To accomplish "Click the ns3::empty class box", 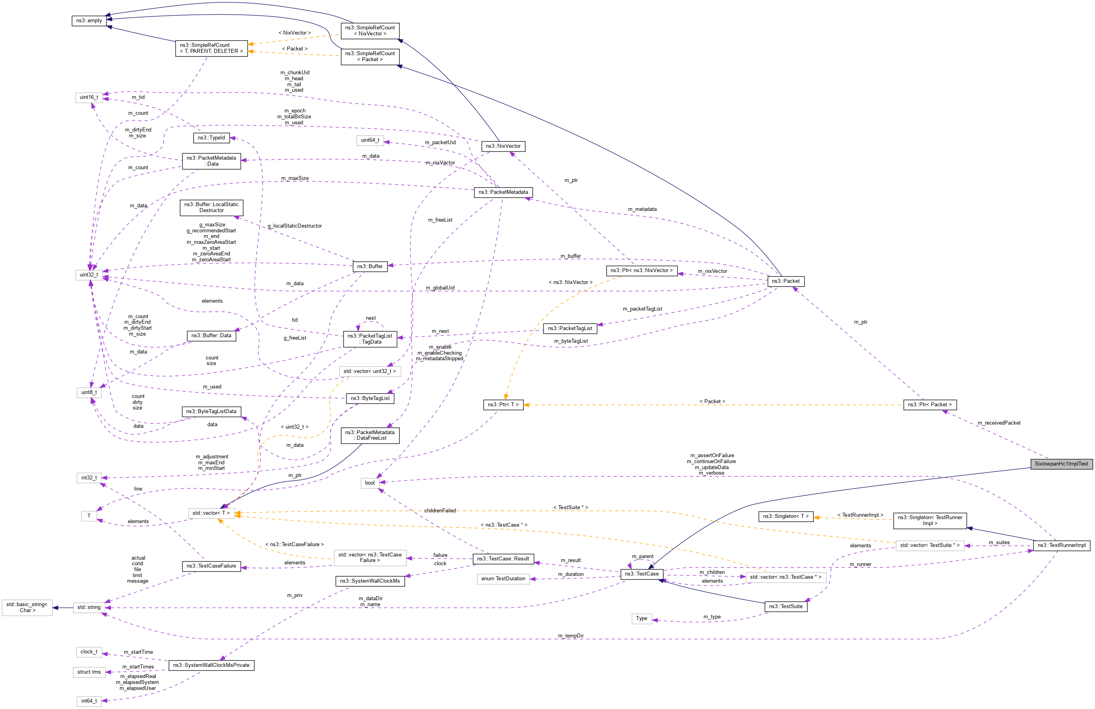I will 89,21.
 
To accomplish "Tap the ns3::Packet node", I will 785,281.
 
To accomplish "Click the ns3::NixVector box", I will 503,146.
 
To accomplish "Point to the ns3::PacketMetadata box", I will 503,192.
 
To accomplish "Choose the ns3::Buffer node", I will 370,267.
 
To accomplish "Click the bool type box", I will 370,483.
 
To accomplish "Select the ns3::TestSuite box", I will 785,607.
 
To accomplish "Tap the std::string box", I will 89,607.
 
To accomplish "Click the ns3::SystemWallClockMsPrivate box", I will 211,665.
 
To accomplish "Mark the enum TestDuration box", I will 503,579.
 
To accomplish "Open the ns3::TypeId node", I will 211,137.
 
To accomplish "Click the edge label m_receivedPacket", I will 999,423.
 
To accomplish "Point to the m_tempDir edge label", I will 571,636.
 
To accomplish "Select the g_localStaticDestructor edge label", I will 294,226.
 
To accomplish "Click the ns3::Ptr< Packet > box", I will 929,405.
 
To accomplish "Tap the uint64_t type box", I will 370,140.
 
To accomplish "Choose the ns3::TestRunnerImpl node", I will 1061,546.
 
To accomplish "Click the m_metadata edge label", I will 642,209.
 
